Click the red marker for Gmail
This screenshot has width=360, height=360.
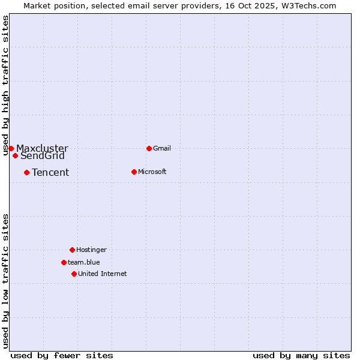149,148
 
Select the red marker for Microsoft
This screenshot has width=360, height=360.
134,172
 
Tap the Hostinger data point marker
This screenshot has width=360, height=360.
72,250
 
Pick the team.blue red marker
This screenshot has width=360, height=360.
64,262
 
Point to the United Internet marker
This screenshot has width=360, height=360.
74,274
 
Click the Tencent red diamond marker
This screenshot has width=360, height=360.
26,172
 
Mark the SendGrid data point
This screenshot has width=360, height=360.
15,155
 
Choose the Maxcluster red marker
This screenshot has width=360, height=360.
11,148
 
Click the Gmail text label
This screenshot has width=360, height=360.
162,148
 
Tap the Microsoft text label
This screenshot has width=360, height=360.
152,172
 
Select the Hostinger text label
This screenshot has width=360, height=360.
91,250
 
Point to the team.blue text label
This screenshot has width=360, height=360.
84,262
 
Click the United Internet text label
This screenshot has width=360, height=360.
103,274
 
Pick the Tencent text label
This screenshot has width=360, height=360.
50,173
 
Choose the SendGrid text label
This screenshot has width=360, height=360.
43,156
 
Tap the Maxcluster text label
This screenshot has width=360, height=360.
42,148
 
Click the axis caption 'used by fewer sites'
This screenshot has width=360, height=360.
62,355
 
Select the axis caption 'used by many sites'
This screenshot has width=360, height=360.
301,355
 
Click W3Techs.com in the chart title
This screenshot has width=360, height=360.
307,5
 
